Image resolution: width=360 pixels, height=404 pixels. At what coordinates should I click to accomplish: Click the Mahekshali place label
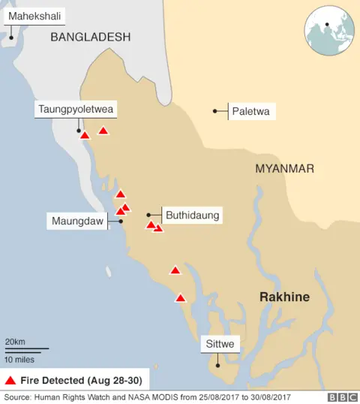pyautogui.click(x=34, y=16)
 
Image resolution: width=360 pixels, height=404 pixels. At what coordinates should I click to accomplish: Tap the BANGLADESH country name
pyautogui.click(x=90, y=37)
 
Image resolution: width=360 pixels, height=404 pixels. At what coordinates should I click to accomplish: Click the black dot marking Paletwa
pyautogui.click(x=215, y=111)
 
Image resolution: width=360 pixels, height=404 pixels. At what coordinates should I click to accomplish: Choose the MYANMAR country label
pyautogui.click(x=284, y=169)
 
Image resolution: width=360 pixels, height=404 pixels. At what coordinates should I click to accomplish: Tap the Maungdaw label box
pyautogui.click(x=77, y=222)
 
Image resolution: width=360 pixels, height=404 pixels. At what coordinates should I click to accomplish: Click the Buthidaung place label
pyautogui.click(x=192, y=215)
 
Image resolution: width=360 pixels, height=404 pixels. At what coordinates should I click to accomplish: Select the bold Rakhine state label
pyautogui.click(x=284, y=297)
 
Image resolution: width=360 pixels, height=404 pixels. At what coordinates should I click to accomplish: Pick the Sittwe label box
pyautogui.click(x=220, y=345)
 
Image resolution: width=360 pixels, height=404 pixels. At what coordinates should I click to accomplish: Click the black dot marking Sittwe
pyautogui.click(x=217, y=366)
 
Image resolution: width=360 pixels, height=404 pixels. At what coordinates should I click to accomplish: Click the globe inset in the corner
pyautogui.click(x=328, y=32)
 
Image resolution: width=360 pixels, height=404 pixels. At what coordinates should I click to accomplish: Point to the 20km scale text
pyautogui.click(x=16, y=342)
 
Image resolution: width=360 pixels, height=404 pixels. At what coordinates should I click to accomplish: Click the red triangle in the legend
pyautogui.click(x=11, y=379)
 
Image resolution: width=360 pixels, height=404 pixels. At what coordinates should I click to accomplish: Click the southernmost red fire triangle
pyautogui.click(x=180, y=298)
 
